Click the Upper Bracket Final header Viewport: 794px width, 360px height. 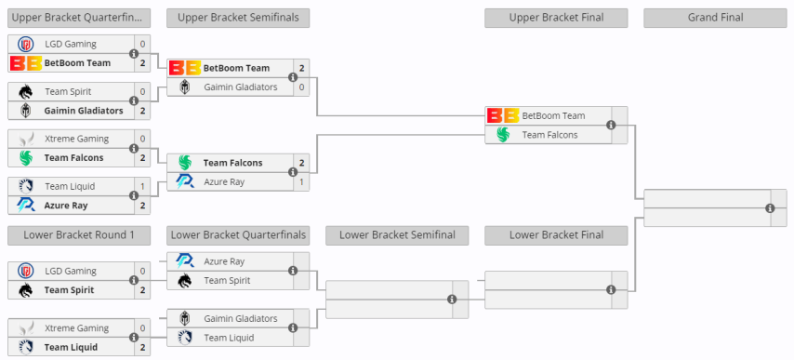click(x=556, y=17)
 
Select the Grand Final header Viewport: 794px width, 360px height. click(x=715, y=17)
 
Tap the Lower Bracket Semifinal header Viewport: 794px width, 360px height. click(x=397, y=234)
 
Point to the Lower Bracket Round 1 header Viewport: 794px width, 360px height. click(x=79, y=234)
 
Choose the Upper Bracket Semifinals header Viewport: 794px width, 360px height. click(x=238, y=17)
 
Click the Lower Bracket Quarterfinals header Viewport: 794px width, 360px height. click(x=238, y=234)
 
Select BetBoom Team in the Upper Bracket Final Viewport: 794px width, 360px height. click(x=553, y=116)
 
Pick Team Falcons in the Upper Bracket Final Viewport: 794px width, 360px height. click(x=549, y=135)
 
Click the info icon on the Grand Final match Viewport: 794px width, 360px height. click(x=770, y=208)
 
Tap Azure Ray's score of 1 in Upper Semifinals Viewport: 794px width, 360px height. click(x=301, y=181)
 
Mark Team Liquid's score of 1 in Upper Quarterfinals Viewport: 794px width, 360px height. click(x=142, y=186)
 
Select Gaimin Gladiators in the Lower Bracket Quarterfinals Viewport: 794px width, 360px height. click(x=240, y=318)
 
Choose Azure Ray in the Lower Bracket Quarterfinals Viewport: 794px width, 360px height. click(x=224, y=261)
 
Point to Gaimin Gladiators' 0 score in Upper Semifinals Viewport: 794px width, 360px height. click(x=301, y=87)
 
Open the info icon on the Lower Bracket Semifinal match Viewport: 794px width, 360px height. click(x=452, y=300)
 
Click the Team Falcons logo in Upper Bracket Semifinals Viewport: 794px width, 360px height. click(x=185, y=163)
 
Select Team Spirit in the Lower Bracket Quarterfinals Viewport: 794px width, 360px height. click(x=227, y=280)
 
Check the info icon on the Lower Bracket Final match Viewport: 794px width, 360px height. click(x=611, y=289)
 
